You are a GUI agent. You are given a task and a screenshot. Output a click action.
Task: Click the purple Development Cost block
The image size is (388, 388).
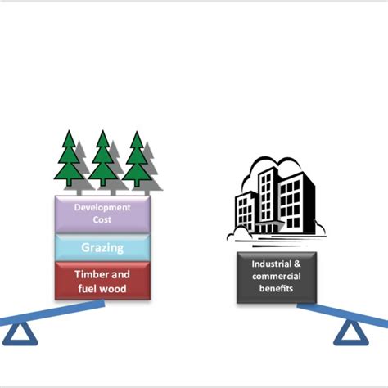[x=102, y=214]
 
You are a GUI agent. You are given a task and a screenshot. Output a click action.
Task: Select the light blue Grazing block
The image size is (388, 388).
[x=102, y=247]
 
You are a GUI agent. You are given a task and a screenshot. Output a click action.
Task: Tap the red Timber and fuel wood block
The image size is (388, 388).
[x=102, y=281]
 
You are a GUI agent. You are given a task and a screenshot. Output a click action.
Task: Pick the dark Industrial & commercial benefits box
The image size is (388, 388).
[x=276, y=277]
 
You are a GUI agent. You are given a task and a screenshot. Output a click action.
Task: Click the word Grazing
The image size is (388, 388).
[x=102, y=247]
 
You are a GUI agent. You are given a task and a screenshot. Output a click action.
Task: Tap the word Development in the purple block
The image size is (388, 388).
[x=102, y=208]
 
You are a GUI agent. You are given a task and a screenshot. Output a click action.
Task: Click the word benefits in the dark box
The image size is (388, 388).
[x=276, y=288]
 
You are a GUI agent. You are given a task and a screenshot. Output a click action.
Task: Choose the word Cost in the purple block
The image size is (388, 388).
[x=102, y=220]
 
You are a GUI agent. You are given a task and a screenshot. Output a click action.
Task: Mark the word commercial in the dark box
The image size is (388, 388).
[x=276, y=277]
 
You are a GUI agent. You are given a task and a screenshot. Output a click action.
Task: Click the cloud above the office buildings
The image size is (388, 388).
[x=270, y=168]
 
